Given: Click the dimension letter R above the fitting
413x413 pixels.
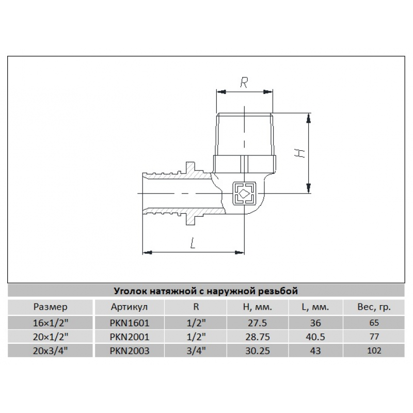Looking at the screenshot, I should (245, 81).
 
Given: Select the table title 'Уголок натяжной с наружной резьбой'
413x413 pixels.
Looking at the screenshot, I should (206, 291).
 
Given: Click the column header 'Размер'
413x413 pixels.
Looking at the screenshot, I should (51, 307).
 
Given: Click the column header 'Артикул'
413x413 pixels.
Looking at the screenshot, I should (129, 307).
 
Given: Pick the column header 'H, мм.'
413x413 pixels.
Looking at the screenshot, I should (257, 307).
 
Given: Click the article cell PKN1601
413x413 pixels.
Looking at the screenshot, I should (129, 323).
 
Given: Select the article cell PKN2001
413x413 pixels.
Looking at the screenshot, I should (129, 337).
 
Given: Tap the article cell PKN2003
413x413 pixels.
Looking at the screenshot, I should (129, 351).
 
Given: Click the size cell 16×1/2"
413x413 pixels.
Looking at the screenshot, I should (51, 323).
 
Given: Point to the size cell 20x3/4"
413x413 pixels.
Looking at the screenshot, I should (51, 351).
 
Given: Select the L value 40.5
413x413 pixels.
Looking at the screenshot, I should (315, 337).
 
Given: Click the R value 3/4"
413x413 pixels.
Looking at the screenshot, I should (196, 351).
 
